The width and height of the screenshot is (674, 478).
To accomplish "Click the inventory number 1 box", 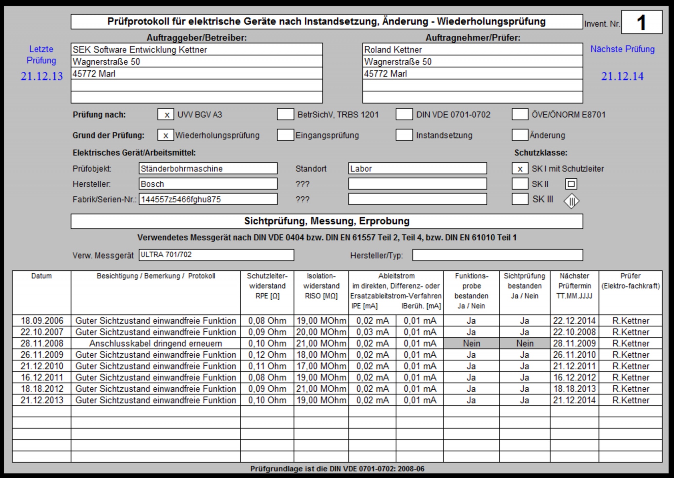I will (x=641, y=22).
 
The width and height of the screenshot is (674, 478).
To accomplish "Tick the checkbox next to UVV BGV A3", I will (x=165, y=115).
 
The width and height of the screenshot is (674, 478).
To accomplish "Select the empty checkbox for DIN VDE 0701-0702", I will (x=404, y=115).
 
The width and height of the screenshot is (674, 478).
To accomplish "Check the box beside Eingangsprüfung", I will (x=285, y=135).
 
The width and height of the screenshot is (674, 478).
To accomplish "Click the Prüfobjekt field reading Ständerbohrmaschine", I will (x=208, y=169).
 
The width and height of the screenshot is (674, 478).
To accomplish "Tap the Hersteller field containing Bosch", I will (x=208, y=184).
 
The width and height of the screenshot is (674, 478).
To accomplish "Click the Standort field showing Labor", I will (x=418, y=169).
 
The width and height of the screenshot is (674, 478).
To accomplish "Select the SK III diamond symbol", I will (x=571, y=201).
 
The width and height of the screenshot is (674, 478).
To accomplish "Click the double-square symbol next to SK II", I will (x=571, y=184).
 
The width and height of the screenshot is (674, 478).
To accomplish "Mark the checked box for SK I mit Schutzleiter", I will (x=520, y=169).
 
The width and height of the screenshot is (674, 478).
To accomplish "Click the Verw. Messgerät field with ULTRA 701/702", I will (x=216, y=255).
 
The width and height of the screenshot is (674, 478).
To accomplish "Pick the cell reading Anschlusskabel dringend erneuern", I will (x=156, y=343).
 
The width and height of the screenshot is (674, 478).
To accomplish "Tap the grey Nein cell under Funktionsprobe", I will (x=471, y=343).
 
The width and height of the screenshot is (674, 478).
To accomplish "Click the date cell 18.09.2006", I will (x=42, y=321).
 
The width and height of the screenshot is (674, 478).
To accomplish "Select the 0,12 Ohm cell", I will (x=267, y=355).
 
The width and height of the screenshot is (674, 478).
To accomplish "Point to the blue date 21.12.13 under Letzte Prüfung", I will (x=42, y=77).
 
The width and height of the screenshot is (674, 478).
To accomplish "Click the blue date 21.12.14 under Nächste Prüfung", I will (x=622, y=77).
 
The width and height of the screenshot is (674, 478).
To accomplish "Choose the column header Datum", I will (x=41, y=276).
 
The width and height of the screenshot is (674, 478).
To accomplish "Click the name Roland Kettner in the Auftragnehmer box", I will (x=393, y=50).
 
